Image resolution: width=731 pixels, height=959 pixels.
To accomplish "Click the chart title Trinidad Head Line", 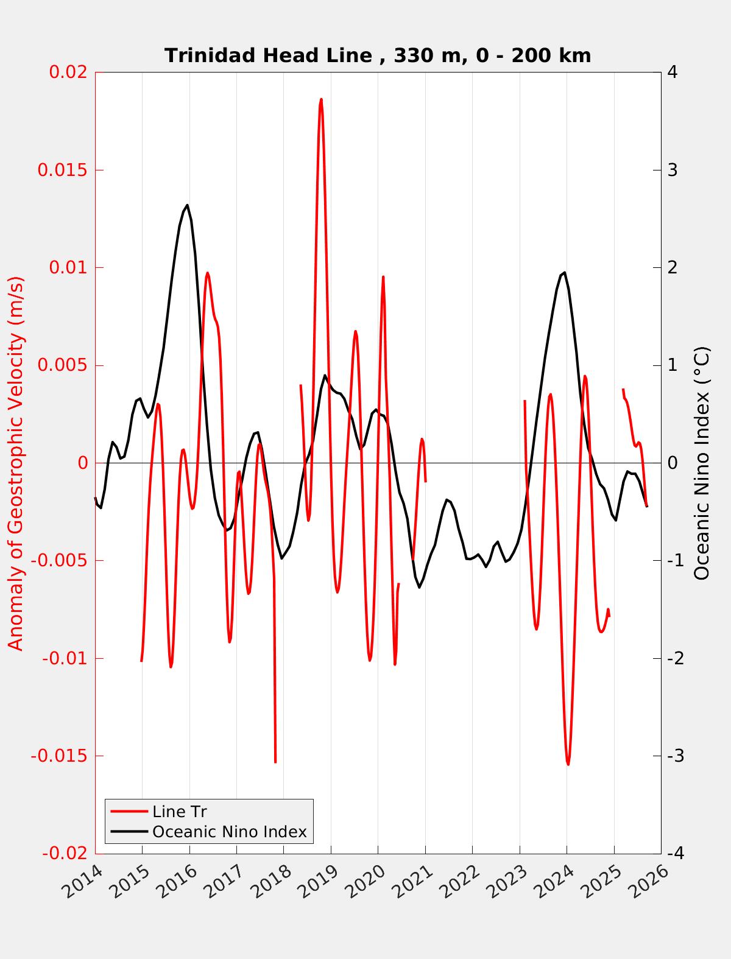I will [x=378, y=55].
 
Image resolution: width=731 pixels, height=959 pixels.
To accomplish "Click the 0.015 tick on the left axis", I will [x=63, y=170].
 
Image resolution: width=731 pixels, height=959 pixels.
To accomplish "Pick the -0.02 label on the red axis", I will [x=65, y=854].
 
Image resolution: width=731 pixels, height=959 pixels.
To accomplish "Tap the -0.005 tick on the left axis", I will [x=60, y=561].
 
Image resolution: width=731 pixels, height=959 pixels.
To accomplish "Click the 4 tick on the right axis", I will [x=673, y=72].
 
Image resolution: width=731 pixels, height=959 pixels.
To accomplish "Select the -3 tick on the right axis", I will [x=676, y=756].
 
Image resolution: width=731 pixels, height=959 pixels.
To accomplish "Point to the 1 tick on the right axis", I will [x=673, y=365].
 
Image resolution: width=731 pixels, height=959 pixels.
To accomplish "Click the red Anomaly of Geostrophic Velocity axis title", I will [x=16, y=463].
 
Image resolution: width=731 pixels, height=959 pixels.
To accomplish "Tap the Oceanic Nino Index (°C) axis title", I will [x=702, y=463].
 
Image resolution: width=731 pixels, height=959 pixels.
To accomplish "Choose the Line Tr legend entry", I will [x=180, y=812].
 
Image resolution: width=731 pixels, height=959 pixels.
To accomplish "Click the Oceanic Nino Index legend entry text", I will [x=229, y=832].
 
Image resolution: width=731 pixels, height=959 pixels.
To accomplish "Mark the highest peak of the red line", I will [x=321, y=99].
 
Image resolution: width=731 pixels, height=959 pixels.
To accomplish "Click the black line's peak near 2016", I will [x=187, y=205].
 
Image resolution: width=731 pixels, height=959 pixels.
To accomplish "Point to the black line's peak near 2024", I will [x=565, y=272].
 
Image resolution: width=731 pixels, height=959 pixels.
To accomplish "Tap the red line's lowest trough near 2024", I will [x=568, y=764].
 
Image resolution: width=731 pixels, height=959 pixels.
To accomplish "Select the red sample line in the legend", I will [x=129, y=812].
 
